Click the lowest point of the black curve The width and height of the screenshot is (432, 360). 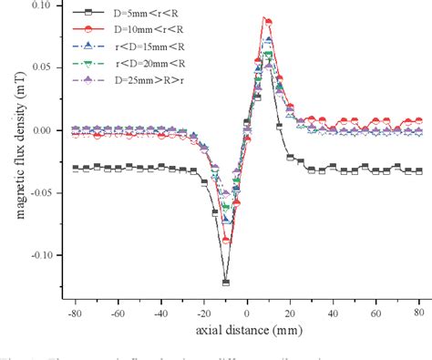click(225, 283)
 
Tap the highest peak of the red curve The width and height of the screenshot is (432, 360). click(265, 18)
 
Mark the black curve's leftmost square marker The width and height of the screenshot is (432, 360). click(75, 168)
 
